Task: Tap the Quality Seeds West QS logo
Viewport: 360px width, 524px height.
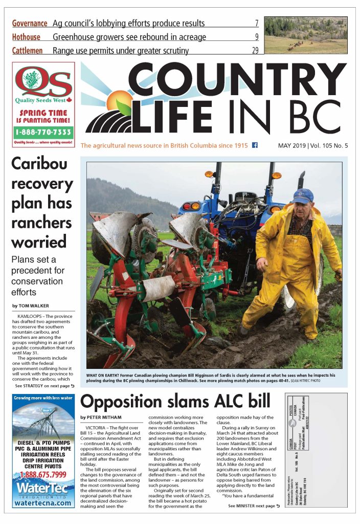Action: (43, 81)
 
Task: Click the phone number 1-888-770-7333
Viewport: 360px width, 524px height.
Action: (43, 132)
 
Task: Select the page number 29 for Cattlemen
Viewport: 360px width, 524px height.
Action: (255, 50)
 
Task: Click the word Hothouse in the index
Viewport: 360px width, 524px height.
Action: (26, 37)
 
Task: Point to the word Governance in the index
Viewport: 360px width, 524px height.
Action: (30, 24)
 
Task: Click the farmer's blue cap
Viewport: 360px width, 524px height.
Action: (303, 195)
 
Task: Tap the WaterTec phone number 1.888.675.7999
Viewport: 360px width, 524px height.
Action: (43, 475)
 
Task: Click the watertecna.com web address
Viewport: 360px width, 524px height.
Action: (43, 503)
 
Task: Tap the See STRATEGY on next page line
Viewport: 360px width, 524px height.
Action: (44, 385)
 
